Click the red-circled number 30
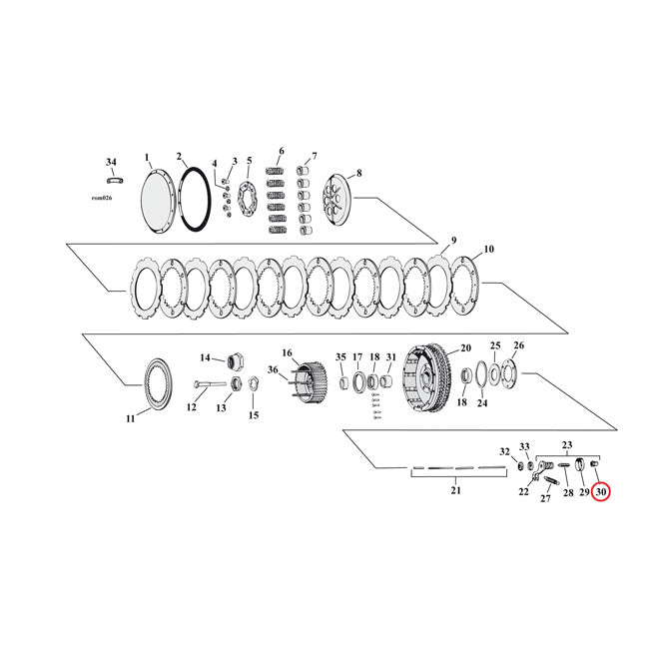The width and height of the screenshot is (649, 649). click(x=600, y=491)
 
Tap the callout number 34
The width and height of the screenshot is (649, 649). click(x=111, y=161)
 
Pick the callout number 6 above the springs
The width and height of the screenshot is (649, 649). click(x=281, y=152)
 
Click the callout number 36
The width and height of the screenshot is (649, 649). click(x=273, y=370)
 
